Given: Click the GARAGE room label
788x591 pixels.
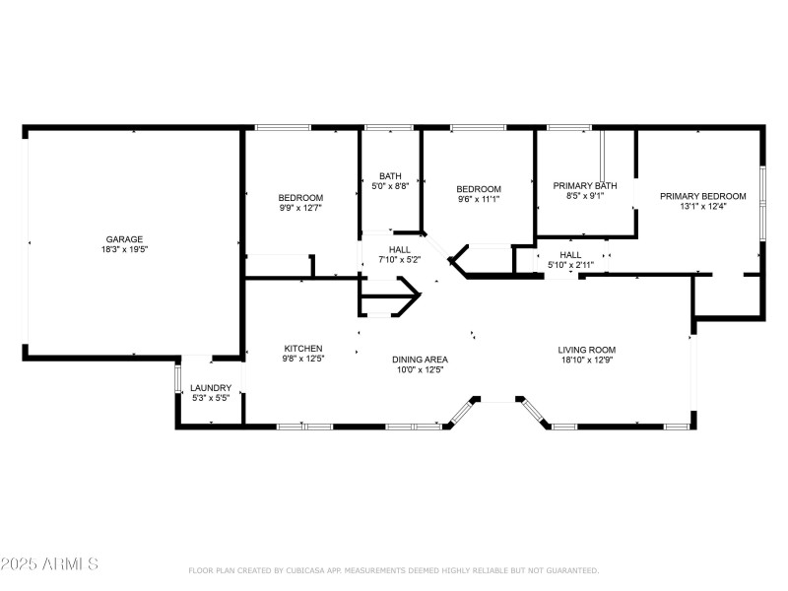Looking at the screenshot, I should click(x=125, y=238).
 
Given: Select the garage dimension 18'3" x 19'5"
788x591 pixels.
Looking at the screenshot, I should click(x=125, y=249).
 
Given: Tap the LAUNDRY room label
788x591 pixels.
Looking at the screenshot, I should click(x=211, y=387).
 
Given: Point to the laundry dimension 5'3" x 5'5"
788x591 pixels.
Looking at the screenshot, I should click(x=211, y=398).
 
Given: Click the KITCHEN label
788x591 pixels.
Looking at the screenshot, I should click(x=303, y=349).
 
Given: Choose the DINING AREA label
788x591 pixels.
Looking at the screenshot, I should click(x=421, y=360).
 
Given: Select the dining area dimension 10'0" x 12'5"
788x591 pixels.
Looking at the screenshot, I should click(x=421, y=370).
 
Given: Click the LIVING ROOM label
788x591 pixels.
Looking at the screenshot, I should click(x=587, y=350).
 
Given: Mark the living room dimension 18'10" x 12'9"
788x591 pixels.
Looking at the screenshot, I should click(x=587, y=361).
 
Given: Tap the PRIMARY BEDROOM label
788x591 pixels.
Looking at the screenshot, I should click(x=699, y=196).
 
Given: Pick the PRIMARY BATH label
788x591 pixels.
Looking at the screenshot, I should click(x=585, y=185).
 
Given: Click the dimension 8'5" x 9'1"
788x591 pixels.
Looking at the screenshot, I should click(x=585, y=196).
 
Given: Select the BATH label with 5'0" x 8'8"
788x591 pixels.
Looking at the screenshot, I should click(x=390, y=175).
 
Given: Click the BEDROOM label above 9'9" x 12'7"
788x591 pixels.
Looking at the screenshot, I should click(x=300, y=196).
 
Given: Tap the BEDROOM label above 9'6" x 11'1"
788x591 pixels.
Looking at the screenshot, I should click(x=479, y=189).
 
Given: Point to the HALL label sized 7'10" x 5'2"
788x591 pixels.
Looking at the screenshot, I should click(x=400, y=249).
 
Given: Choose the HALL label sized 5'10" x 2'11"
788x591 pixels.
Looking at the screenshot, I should click(x=571, y=254).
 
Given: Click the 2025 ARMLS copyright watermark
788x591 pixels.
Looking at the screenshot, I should click(x=49, y=564).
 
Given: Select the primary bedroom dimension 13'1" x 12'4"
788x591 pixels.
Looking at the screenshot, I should click(x=699, y=207).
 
